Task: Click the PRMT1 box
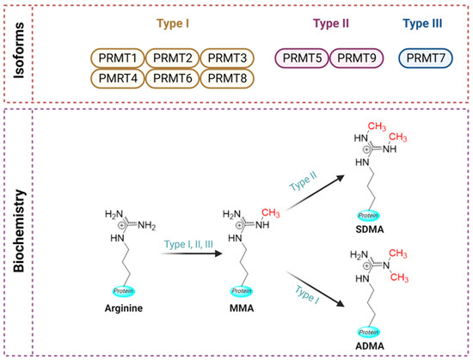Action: [117, 58]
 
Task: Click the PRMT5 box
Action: [302, 58]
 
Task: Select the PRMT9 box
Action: [356, 58]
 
